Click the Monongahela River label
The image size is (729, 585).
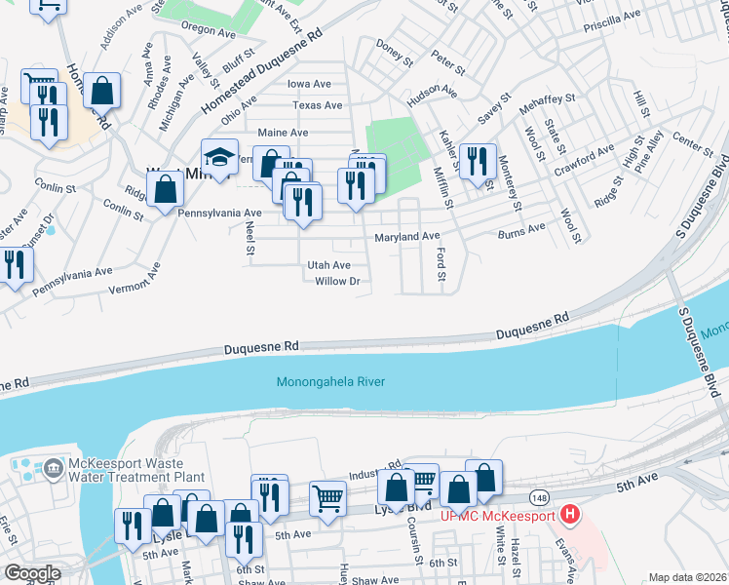(x=330, y=381)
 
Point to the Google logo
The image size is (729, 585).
(x=31, y=573)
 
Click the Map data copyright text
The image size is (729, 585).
(x=688, y=577)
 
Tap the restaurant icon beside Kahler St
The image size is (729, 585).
(x=476, y=162)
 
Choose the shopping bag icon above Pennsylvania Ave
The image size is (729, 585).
(x=166, y=190)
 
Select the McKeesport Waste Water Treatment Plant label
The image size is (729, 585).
(x=134, y=471)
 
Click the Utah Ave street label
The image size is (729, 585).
(x=328, y=265)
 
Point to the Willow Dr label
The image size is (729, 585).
(x=337, y=282)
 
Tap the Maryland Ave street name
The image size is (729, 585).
(x=407, y=237)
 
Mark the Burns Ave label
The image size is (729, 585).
(x=521, y=229)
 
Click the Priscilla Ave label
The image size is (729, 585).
(x=609, y=16)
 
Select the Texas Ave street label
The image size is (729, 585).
(x=317, y=105)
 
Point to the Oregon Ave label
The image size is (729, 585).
(x=204, y=30)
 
